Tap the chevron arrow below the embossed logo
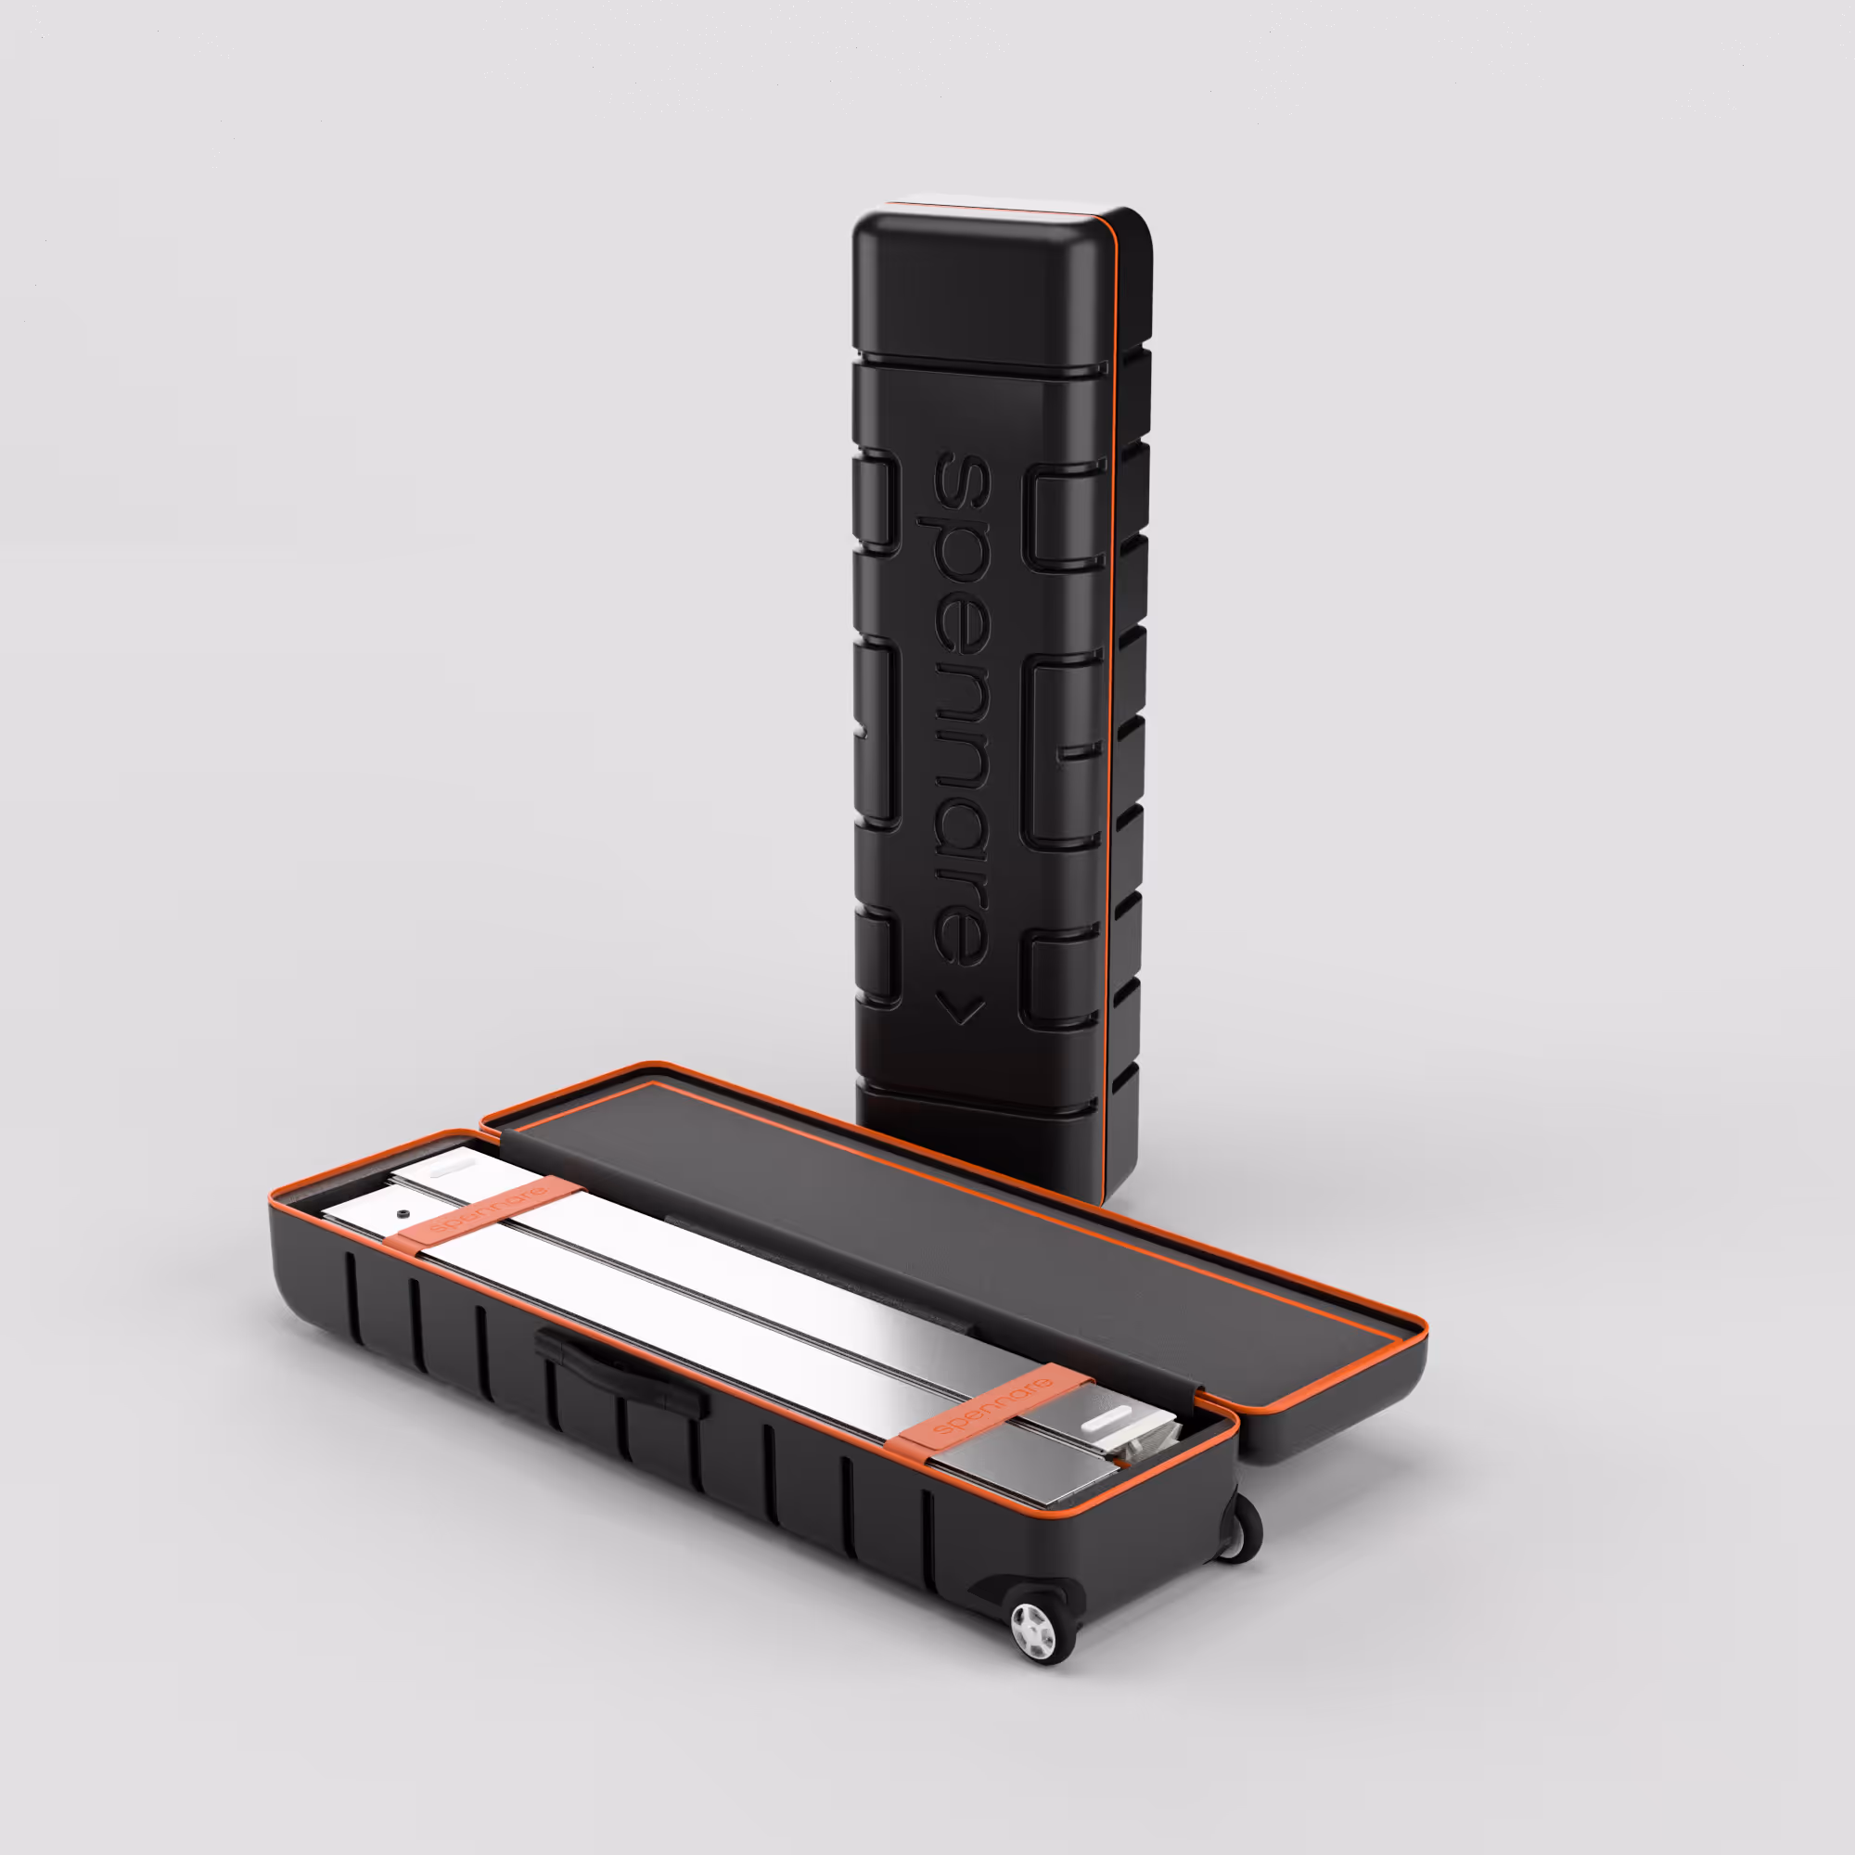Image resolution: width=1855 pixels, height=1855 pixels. (959, 1009)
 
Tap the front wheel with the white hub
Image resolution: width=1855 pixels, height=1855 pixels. (1034, 1629)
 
